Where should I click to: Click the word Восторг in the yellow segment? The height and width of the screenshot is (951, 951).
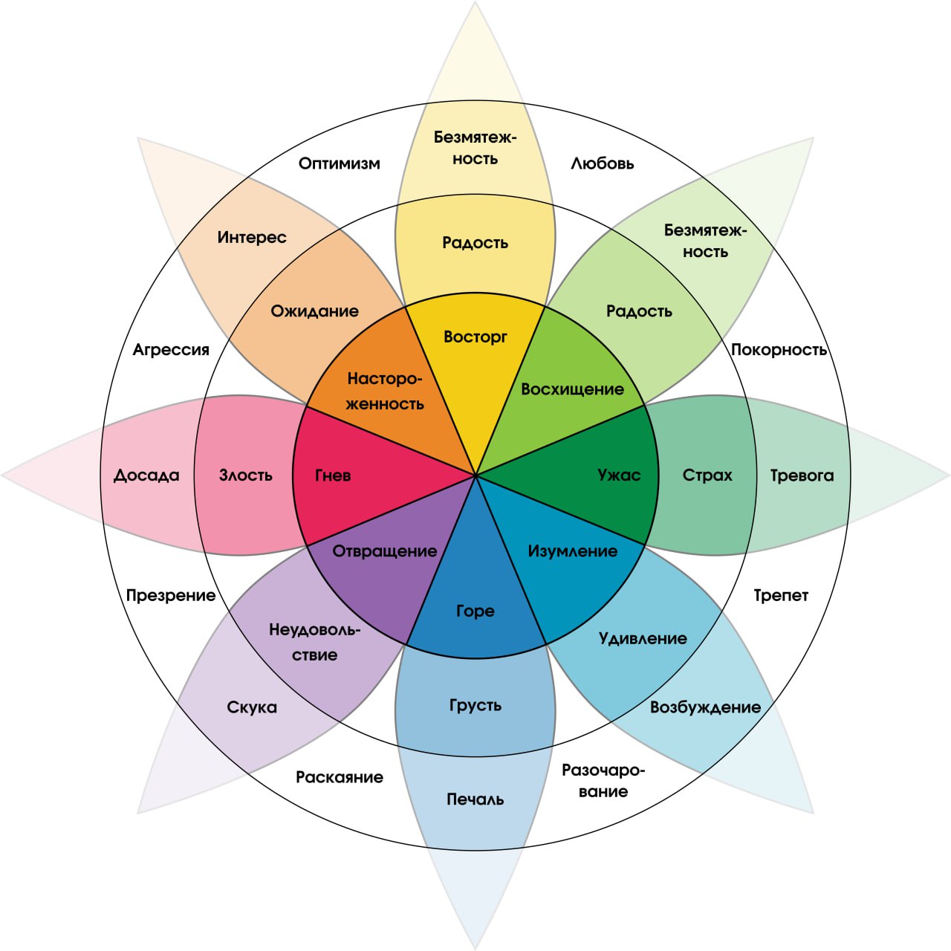point(475,337)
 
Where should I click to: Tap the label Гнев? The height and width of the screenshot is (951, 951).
point(333,475)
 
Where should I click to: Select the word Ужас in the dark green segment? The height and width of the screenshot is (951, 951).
point(619,475)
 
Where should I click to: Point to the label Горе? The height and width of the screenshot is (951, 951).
point(475,611)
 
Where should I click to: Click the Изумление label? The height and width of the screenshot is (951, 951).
point(572,551)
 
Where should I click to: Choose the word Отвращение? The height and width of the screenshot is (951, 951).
point(384,551)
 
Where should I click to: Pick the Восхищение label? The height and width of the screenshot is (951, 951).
point(572,389)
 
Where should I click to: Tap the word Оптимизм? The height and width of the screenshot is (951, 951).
point(340,163)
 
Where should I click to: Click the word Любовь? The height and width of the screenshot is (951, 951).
point(603,163)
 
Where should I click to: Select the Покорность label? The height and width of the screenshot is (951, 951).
point(779,350)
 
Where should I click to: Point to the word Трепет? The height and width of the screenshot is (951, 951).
point(781,595)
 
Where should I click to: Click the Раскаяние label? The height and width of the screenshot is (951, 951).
point(340,777)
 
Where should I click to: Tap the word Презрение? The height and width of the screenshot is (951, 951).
point(171,595)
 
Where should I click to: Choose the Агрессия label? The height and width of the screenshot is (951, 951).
point(171,350)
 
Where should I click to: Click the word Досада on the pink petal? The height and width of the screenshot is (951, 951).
point(146,475)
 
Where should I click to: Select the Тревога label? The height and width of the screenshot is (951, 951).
point(802,475)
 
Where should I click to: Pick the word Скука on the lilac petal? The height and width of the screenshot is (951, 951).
point(252,707)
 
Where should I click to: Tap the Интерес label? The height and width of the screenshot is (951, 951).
point(252,238)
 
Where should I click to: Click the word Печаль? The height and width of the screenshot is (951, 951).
point(475,799)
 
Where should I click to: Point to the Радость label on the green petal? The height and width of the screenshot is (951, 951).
point(639,311)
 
